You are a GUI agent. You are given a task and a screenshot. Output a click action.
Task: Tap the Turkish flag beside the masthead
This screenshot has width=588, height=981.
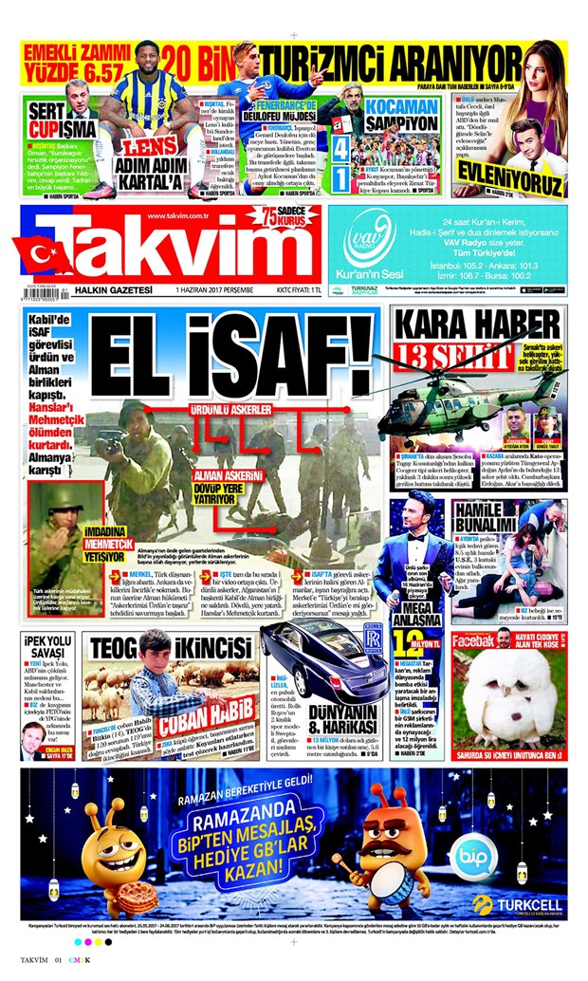point(43,253)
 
